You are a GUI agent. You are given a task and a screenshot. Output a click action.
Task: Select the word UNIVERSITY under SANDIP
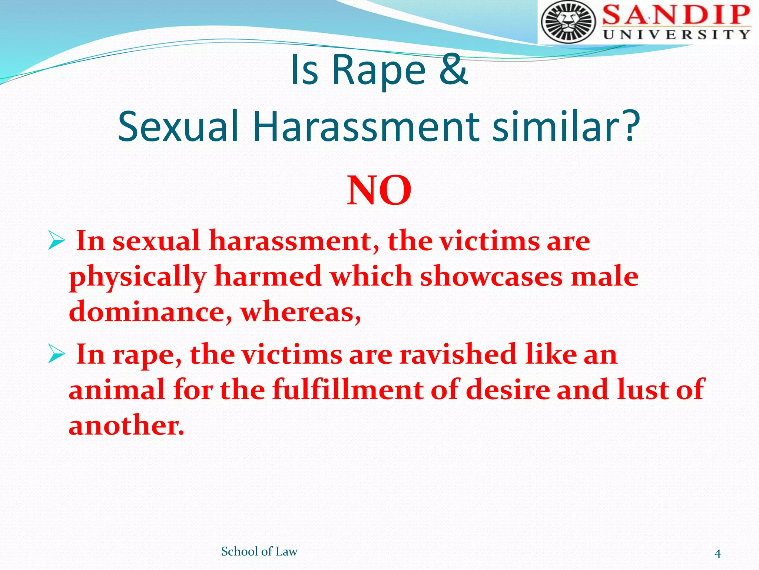click(677, 35)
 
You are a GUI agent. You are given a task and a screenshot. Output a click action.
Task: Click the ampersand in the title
click(453, 69)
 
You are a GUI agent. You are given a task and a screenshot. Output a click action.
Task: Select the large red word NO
click(379, 190)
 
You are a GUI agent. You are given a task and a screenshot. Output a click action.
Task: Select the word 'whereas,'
click(301, 312)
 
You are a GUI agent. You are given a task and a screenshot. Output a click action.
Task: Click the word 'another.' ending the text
click(126, 425)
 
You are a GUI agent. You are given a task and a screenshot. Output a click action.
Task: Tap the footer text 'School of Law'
click(259, 551)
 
